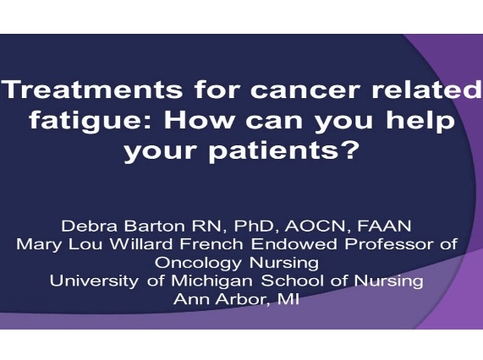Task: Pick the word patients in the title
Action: [x=279, y=153]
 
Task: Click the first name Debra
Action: [x=87, y=226]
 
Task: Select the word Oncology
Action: [x=193, y=262]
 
